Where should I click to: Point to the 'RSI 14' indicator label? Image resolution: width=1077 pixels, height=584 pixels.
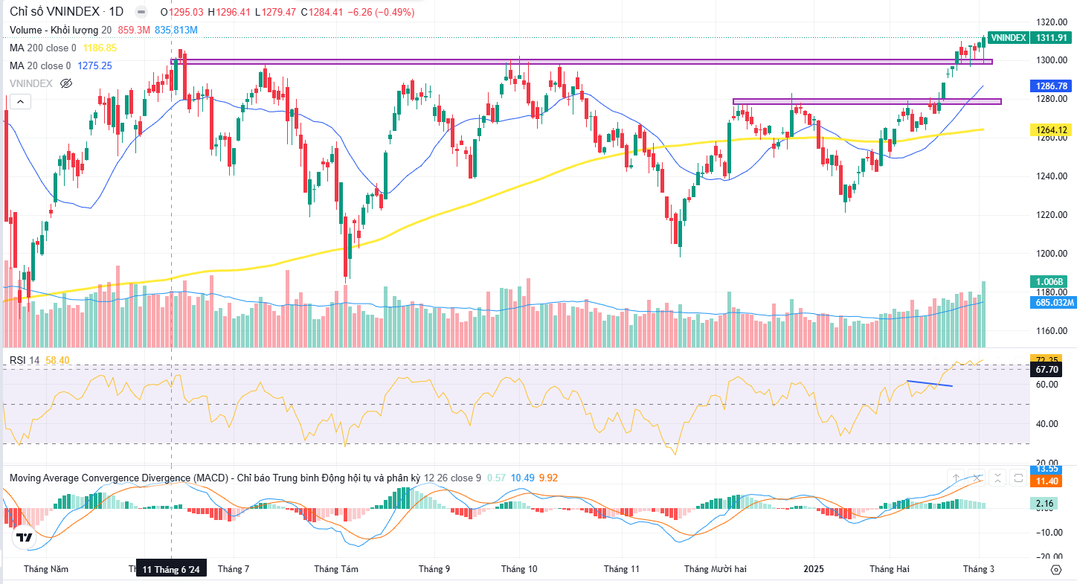[x=25, y=360]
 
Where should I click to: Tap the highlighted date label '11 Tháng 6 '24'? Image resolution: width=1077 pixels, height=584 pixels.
[x=171, y=570]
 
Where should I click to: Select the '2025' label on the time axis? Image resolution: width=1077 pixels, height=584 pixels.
[x=814, y=569]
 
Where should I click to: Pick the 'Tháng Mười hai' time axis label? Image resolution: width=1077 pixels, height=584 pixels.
[x=716, y=569]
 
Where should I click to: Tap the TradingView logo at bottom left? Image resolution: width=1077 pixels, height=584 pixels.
[x=24, y=536]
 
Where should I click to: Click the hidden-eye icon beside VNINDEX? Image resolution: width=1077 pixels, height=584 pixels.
[x=66, y=83]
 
